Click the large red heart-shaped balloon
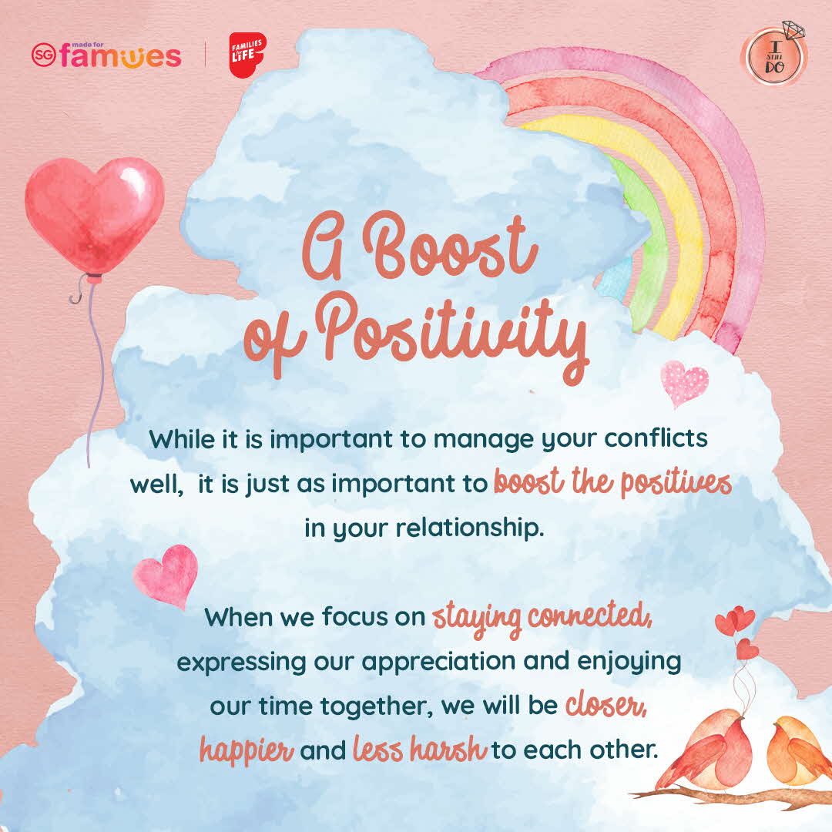click(95, 215)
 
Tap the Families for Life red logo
click(247, 55)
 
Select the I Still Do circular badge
click(774, 55)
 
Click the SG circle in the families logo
click(43, 55)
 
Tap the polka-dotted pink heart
click(685, 383)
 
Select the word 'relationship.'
click(470, 528)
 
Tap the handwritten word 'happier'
click(247, 750)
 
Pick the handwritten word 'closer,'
click(606, 705)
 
